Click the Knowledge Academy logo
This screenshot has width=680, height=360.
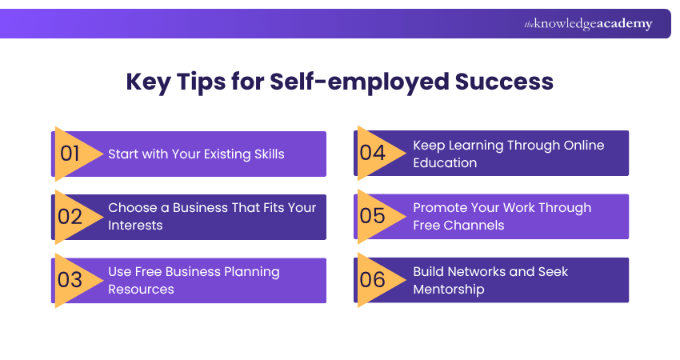pos(588,24)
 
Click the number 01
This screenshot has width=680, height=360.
pos(70,154)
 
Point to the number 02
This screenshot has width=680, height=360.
pos(70,216)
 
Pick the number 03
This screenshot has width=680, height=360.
pos(70,280)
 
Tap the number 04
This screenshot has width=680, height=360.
pos(373,153)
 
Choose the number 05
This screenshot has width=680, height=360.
pos(373,216)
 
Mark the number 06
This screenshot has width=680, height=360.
pos(373,280)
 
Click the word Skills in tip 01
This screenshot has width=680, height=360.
pos(266,154)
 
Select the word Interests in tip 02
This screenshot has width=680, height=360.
pos(136,226)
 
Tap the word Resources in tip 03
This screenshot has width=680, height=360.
pos(141,289)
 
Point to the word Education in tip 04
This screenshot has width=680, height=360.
pos(445,162)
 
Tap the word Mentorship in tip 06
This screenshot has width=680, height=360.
pos(449,289)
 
